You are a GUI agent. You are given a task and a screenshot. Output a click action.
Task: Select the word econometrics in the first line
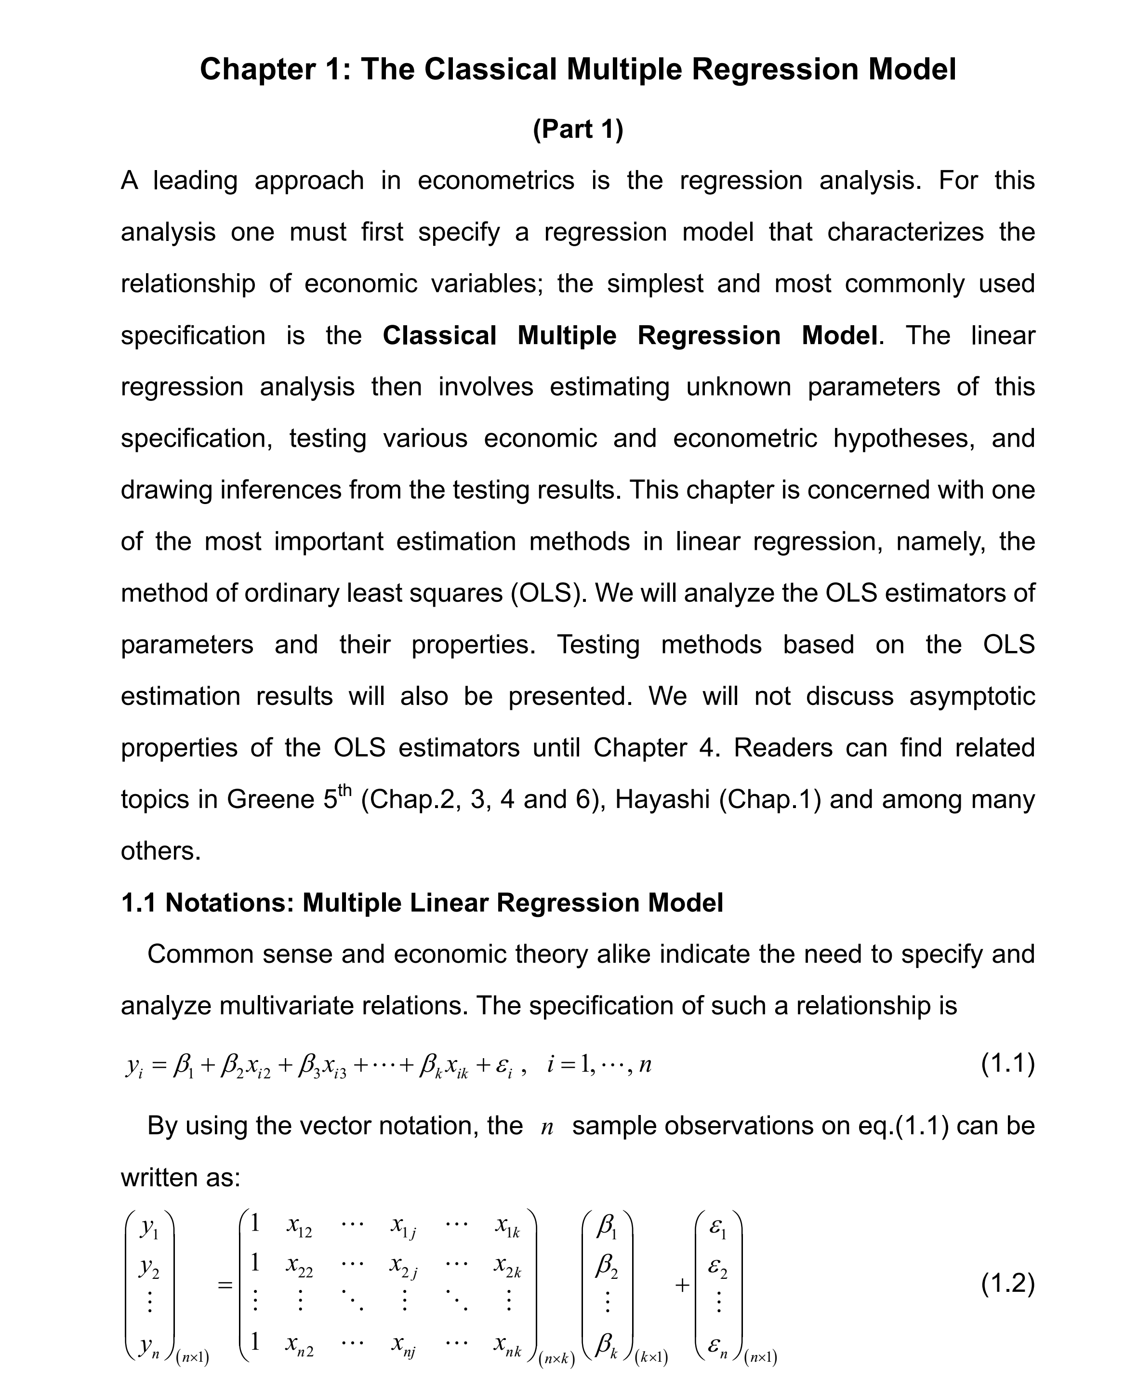[x=496, y=180]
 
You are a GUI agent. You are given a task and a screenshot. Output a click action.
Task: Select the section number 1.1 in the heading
[x=138, y=903]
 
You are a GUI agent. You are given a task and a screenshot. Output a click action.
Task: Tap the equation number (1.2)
[x=1008, y=1283]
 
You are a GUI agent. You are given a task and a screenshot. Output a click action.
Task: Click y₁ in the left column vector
[x=149, y=1227]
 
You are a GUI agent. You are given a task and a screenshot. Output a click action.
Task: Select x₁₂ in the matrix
[x=299, y=1226]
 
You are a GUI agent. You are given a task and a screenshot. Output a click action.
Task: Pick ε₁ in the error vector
[x=718, y=1227]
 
